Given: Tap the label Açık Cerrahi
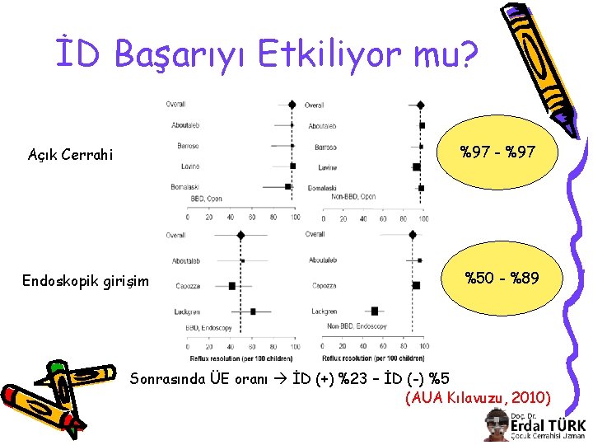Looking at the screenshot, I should coord(70,154).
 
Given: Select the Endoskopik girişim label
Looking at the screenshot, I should coord(86,282).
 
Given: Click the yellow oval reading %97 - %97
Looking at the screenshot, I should coord(497,152).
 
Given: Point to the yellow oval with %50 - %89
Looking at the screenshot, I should coord(502,279).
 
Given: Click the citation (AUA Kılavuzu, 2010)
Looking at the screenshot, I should coord(479,399).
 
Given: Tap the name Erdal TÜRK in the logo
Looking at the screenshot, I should coord(547,425).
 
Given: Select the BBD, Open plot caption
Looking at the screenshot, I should coord(207,199).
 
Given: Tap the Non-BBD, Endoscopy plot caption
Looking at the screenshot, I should coord(357,326).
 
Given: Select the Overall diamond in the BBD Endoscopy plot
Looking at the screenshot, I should coord(240,235).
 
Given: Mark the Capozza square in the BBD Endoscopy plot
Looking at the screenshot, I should coord(232,286).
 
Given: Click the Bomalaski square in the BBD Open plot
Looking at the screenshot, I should coord(288,187).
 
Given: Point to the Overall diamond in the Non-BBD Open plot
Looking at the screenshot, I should coord(421,105).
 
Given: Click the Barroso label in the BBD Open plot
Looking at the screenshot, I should coord(188,146).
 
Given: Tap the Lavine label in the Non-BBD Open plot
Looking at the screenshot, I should coord(328,167).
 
